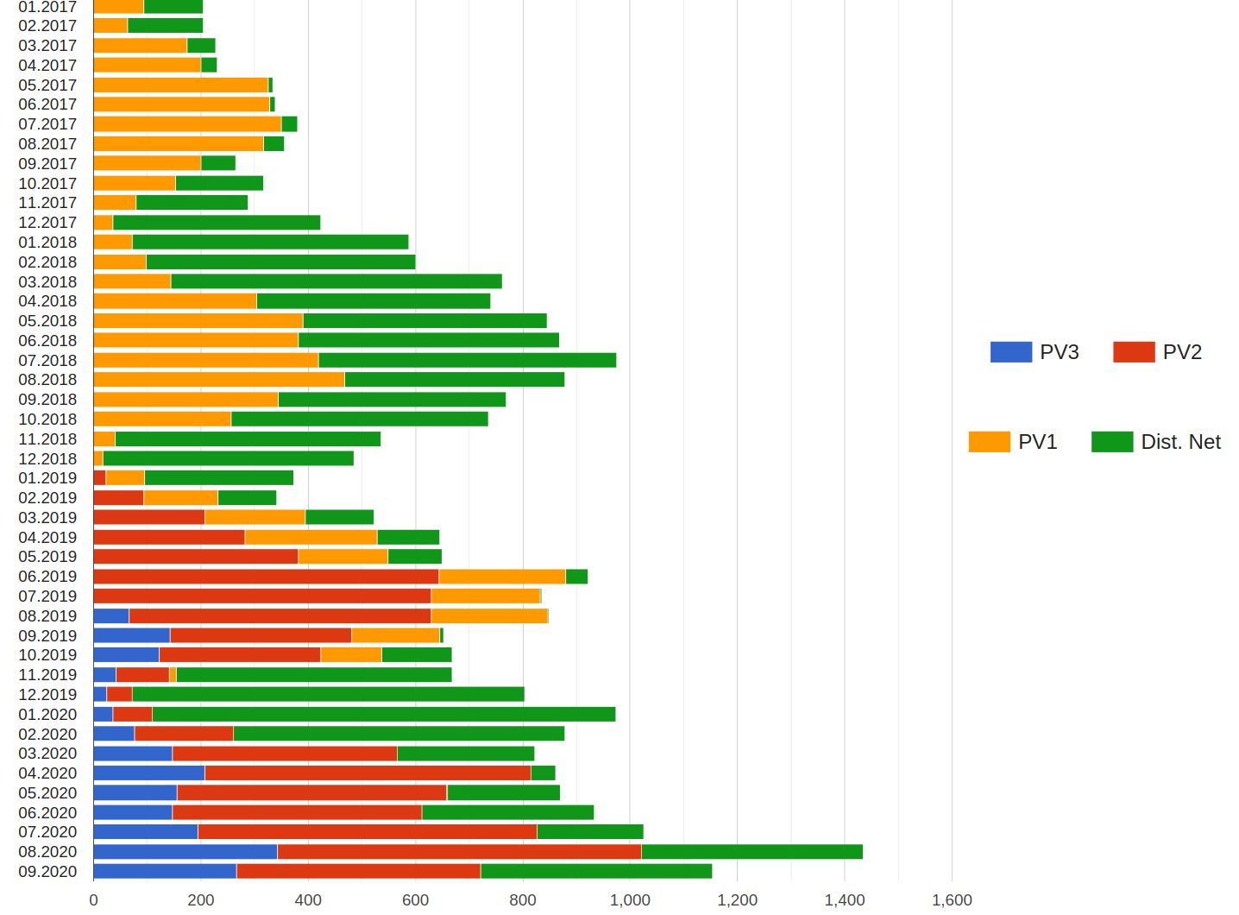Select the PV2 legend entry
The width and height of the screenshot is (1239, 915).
[x=1157, y=352]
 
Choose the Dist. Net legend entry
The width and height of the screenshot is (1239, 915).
[x=1156, y=442]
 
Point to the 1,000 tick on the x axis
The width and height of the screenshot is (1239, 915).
[x=630, y=900]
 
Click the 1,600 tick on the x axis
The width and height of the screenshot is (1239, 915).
[x=952, y=900]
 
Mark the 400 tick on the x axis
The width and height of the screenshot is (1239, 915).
[x=308, y=900]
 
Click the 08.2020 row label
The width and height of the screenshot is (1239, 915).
[x=47, y=852]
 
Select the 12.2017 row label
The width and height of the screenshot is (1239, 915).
[x=47, y=223]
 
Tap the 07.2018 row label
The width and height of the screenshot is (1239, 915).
[x=47, y=360]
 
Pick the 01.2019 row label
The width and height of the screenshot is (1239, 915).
[x=47, y=478]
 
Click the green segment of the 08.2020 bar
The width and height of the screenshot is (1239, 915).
[x=752, y=852]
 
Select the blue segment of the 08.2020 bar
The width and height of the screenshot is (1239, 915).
[x=186, y=852]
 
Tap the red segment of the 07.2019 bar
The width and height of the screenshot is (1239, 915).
[x=262, y=596]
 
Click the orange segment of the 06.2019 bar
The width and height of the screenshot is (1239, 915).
[x=502, y=577]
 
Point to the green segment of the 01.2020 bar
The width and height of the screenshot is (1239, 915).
[x=384, y=715]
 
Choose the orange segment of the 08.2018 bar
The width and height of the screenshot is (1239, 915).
[x=219, y=380]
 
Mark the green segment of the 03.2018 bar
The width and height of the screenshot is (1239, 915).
[x=336, y=281]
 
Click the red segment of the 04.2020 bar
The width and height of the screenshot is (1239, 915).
[x=368, y=773]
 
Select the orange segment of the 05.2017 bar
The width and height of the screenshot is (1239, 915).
[x=181, y=85]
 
